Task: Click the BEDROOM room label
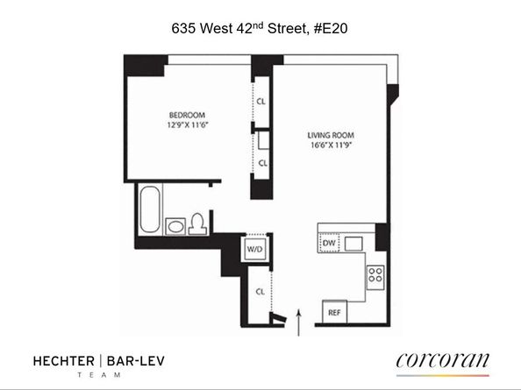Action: [x=187, y=115]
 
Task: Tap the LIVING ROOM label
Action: [x=331, y=135]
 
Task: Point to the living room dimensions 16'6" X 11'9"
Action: [x=331, y=145]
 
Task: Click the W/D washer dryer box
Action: [x=256, y=249]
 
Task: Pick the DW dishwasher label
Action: [x=329, y=242]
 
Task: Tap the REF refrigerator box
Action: [x=334, y=312]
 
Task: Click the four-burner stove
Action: [x=375, y=274]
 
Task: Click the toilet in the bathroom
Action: [x=198, y=223]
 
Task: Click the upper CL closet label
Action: [x=261, y=101]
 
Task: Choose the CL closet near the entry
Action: [x=260, y=291]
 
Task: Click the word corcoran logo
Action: [x=442, y=360]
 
